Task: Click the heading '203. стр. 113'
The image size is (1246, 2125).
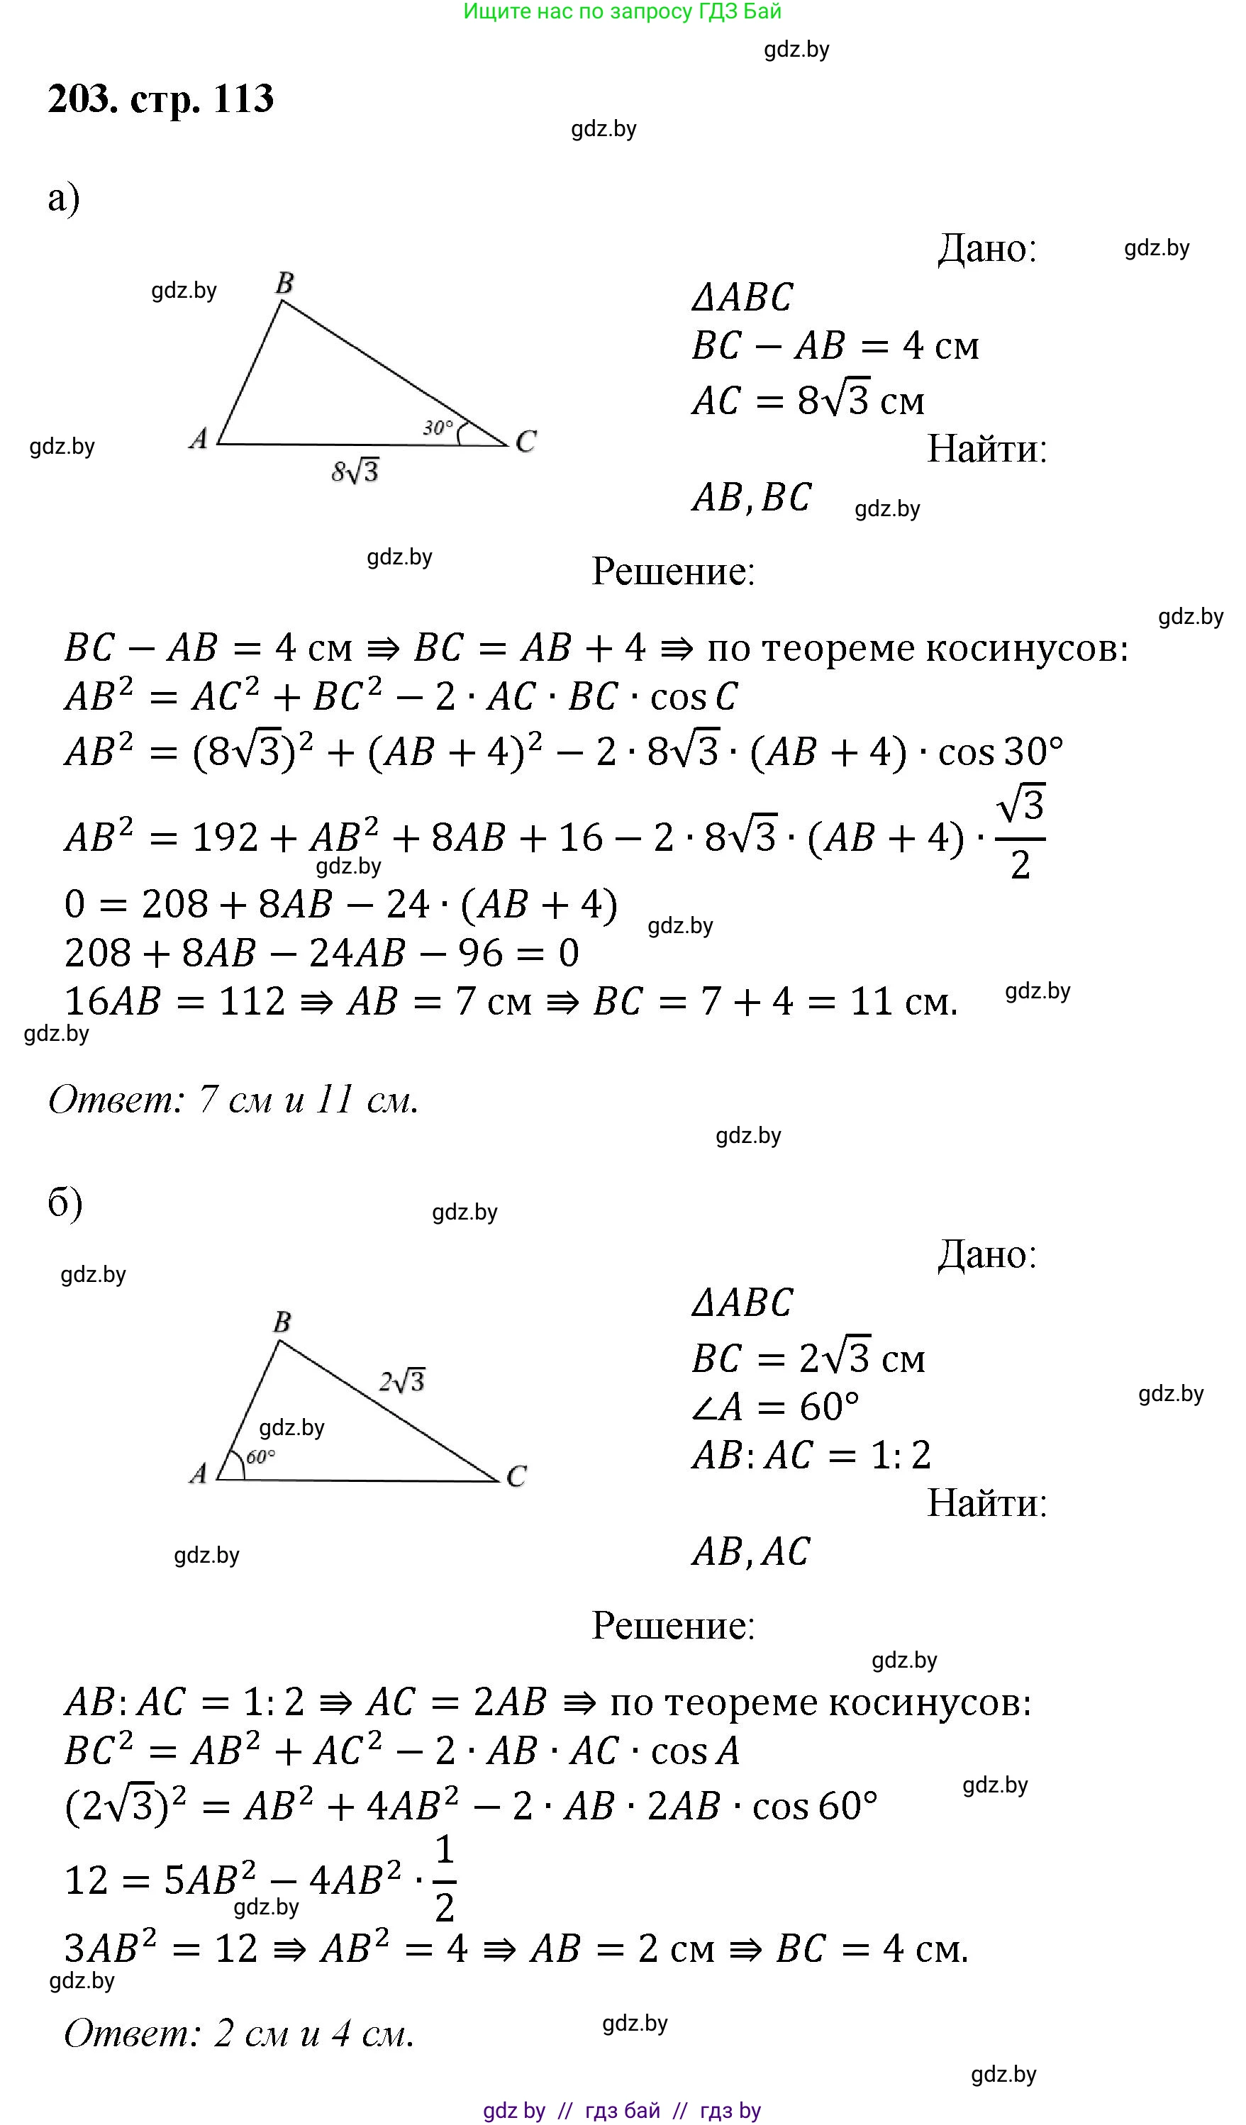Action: (x=160, y=99)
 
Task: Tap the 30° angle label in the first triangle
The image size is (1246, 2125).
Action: (x=438, y=428)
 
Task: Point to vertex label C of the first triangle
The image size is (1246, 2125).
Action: (x=525, y=441)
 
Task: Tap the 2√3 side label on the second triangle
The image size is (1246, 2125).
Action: (x=401, y=1381)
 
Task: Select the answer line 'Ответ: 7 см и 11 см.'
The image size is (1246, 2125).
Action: (x=234, y=1100)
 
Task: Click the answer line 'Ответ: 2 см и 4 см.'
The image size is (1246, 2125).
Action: (x=240, y=2033)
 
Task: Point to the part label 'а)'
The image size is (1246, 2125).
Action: (x=64, y=199)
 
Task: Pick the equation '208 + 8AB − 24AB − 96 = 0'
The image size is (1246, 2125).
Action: (x=321, y=953)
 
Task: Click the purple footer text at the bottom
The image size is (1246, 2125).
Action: (x=622, y=2110)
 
